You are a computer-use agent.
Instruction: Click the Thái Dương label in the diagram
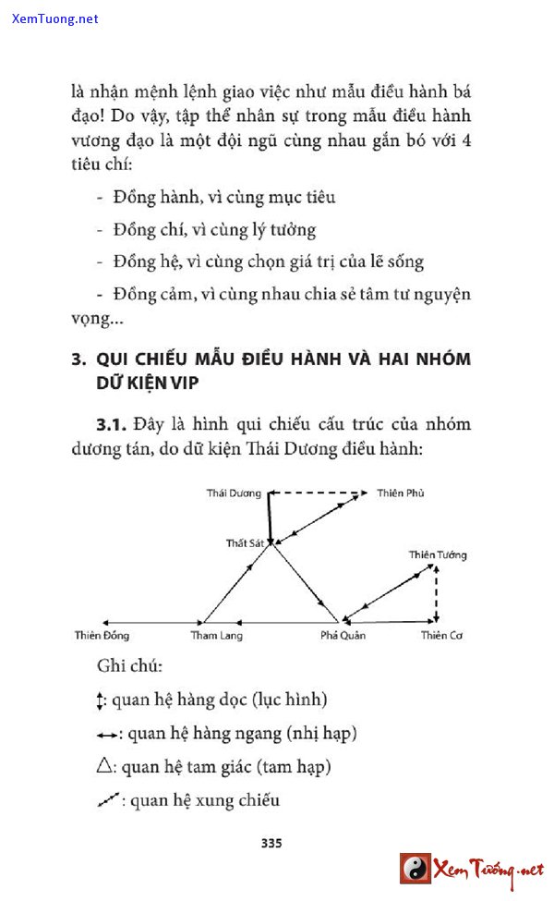[x=234, y=493]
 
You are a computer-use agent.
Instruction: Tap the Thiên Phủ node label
[x=401, y=493]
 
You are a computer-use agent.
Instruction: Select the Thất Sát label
[x=245, y=543]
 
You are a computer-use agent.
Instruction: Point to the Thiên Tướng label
[x=438, y=554]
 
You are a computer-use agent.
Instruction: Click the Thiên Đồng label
[x=102, y=636]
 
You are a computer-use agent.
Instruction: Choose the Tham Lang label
[x=216, y=636]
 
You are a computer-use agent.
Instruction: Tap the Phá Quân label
[x=343, y=636]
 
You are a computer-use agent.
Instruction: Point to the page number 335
[x=271, y=843]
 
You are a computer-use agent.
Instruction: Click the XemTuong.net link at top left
[x=55, y=18]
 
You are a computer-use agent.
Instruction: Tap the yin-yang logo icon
[x=415, y=869]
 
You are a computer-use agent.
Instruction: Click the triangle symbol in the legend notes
[x=105, y=766]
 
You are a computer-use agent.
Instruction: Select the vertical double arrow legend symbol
[x=102, y=700]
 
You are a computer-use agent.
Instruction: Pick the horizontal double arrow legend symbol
[x=108, y=735]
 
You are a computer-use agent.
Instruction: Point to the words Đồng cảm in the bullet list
[x=148, y=295]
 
